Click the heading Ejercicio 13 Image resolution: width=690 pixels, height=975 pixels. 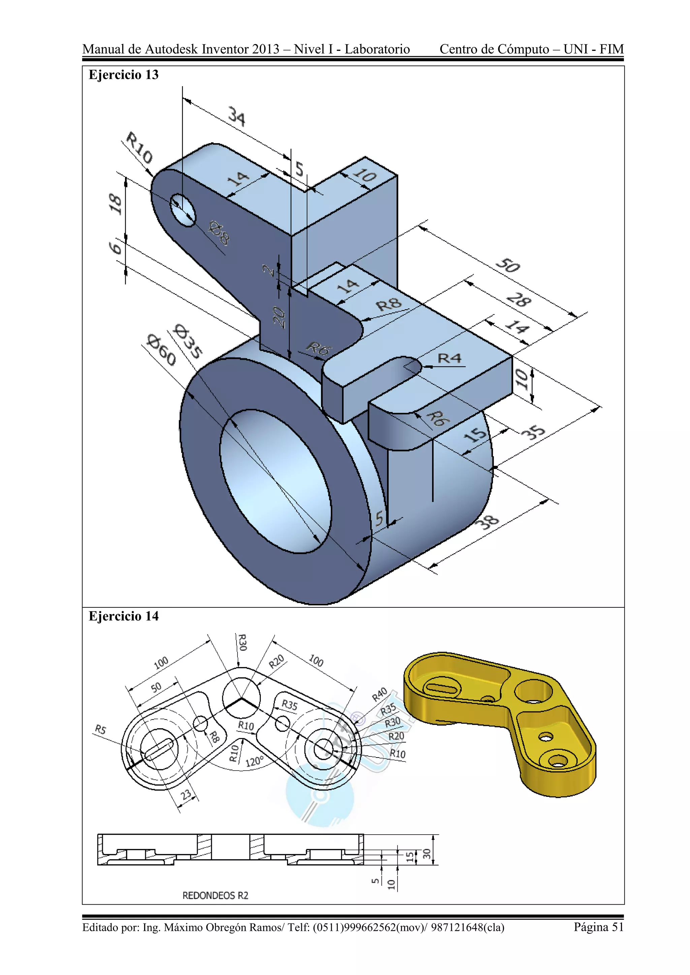(123, 75)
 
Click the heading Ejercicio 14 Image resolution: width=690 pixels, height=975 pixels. (123, 616)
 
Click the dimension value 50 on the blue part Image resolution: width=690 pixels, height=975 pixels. (507, 265)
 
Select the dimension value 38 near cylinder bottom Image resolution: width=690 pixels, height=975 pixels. (489, 522)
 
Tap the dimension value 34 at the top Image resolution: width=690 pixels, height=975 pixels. (237, 116)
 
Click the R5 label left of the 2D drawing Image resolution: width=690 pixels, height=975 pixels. (100, 730)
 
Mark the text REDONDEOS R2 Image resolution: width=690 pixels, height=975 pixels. (215, 895)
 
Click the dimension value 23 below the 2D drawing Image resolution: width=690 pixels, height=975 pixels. (186, 795)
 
